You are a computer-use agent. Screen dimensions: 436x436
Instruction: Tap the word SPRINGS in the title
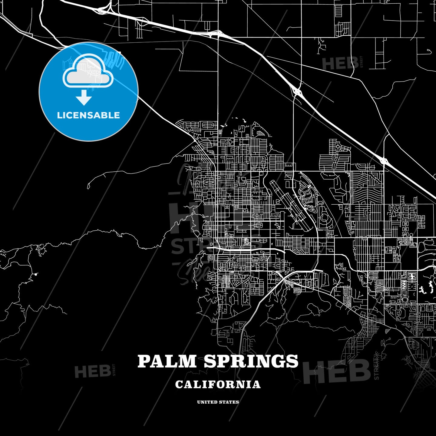click(251, 361)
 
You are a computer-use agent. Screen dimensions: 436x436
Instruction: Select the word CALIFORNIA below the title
click(218, 385)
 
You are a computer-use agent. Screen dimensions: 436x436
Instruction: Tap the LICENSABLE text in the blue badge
click(88, 115)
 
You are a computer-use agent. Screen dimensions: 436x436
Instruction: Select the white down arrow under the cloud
click(84, 98)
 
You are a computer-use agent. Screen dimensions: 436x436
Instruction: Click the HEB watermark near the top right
click(340, 64)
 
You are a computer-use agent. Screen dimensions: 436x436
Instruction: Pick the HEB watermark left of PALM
click(92, 371)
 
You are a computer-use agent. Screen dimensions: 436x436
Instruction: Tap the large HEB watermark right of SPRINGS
click(336, 371)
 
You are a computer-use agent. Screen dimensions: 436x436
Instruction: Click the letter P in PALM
click(144, 361)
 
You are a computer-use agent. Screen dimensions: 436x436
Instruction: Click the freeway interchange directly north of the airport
click(297, 90)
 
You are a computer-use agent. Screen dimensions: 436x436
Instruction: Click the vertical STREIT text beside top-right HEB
click(361, 62)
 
